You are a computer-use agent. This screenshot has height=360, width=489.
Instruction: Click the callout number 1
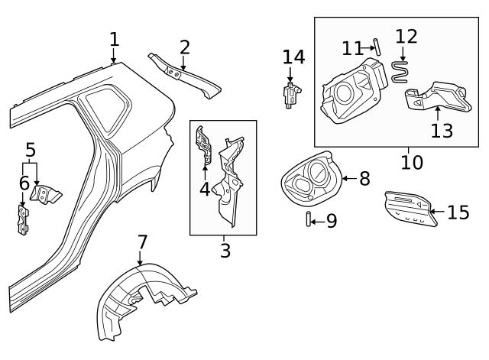point(114,39)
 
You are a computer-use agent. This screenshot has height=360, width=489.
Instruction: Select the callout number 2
point(184,47)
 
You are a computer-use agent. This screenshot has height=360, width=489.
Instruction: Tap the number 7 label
point(142,242)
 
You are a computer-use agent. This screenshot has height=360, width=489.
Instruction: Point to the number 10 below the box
point(411,163)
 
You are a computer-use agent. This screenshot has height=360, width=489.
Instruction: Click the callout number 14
point(293,57)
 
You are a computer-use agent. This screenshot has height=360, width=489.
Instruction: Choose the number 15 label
point(458,212)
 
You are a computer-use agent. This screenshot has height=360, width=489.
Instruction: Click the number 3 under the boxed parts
point(225,250)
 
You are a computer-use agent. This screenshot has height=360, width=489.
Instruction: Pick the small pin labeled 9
point(308,221)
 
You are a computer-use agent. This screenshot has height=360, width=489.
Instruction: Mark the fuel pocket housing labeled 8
point(309,178)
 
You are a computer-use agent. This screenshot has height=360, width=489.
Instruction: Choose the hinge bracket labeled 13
point(435,98)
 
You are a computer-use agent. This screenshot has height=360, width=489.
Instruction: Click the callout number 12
point(406,37)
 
